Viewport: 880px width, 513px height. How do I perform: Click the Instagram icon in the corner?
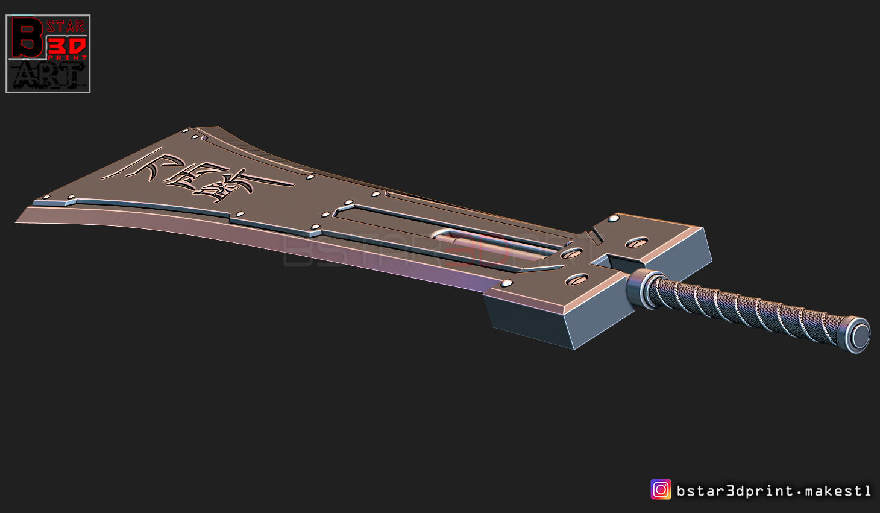tap(661, 489)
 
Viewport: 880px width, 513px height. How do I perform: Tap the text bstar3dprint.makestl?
tap(774, 491)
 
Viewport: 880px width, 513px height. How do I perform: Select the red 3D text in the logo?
tap(67, 45)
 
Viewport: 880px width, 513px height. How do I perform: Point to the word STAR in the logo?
tap(66, 26)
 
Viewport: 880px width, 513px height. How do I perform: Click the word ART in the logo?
tap(48, 75)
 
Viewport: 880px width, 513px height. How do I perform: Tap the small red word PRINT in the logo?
tap(68, 58)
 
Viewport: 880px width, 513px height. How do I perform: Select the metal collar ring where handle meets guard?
tap(642, 288)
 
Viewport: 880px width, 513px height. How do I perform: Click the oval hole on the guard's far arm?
tap(636, 243)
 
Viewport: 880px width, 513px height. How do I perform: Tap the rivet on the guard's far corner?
tap(614, 219)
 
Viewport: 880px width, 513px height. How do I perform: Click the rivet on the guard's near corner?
tap(507, 283)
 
